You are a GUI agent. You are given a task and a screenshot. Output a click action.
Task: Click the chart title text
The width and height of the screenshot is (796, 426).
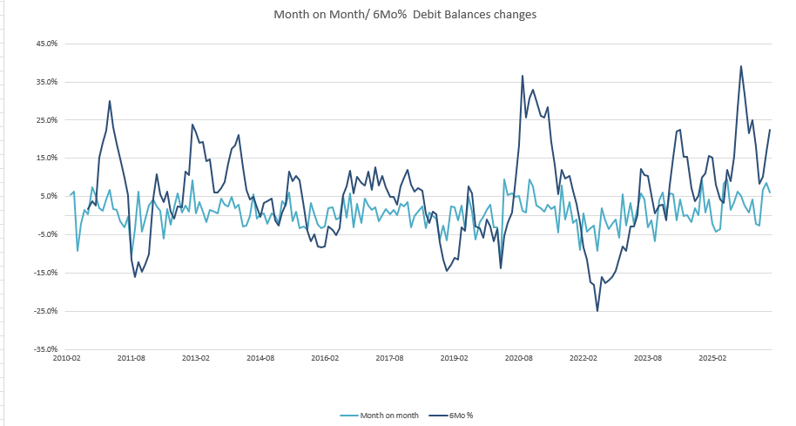tap(405, 14)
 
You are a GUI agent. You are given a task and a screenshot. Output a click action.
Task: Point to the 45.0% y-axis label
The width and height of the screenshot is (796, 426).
tap(47, 44)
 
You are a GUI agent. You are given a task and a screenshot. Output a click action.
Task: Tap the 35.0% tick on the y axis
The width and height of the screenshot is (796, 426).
tap(47, 82)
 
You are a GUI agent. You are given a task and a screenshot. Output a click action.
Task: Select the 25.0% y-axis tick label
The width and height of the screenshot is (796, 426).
tap(47, 120)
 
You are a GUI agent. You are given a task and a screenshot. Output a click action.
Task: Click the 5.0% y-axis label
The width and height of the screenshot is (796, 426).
tap(48, 196)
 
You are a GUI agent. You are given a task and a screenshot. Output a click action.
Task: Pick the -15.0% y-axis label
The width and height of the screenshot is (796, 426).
tap(45, 273)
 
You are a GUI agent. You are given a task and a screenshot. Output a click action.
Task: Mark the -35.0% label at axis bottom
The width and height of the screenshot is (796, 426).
tap(45, 349)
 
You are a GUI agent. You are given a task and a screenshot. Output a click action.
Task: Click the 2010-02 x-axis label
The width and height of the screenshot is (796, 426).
tap(67, 358)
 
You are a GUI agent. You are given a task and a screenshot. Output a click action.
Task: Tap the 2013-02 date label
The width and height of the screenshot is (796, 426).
tap(196, 358)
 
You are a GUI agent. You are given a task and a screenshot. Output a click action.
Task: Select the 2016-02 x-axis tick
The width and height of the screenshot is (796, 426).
tap(325, 358)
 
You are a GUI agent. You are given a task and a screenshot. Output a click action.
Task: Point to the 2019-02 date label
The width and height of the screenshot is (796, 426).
tap(454, 358)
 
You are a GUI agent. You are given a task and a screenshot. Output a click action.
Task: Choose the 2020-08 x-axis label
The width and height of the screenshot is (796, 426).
tap(518, 358)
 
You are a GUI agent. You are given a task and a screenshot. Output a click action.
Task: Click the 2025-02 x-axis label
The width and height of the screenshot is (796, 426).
tap(712, 358)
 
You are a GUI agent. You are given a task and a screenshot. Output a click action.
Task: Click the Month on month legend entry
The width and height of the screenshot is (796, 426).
tap(380, 416)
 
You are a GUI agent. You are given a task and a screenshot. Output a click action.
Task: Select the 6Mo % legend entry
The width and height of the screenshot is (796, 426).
tap(451, 416)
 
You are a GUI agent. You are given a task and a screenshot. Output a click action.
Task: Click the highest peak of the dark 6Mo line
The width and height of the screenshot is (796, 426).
tap(741, 66)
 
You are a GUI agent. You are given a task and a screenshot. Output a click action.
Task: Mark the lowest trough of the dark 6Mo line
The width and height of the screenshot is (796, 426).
tap(597, 311)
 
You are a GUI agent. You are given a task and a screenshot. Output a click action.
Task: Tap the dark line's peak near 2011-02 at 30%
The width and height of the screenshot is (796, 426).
tap(110, 101)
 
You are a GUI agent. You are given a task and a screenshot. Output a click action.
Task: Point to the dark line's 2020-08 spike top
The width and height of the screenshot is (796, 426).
tap(523, 76)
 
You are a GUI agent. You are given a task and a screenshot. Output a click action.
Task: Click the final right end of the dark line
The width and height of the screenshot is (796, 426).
tap(770, 130)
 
